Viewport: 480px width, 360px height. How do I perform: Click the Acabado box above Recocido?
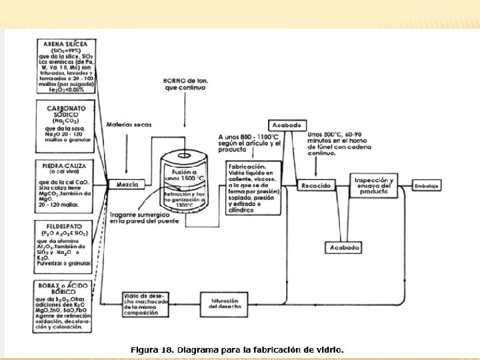287,125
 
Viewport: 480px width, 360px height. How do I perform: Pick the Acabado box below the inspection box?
344,247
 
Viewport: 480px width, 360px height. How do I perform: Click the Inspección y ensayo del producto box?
374,185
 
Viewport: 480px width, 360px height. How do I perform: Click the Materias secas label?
124,125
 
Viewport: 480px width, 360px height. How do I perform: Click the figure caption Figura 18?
237,349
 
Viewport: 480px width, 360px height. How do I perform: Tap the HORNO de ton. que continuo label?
186,85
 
